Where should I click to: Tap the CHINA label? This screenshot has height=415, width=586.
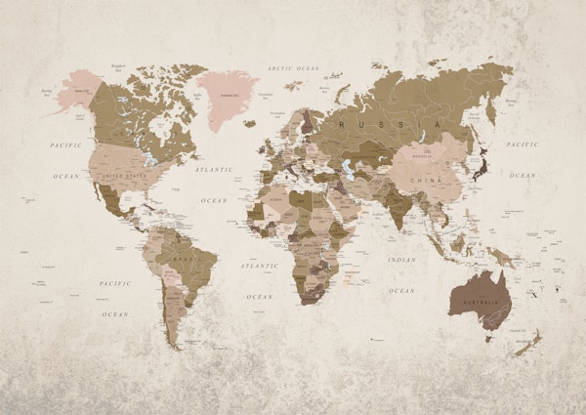click(x=426, y=180)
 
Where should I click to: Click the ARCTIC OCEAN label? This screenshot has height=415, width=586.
click(x=294, y=68)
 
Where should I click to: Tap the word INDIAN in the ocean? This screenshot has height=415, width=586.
click(x=401, y=260)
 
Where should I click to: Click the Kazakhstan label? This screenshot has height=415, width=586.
click(x=365, y=156)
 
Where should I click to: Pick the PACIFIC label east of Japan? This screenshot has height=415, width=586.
click(x=523, y=144)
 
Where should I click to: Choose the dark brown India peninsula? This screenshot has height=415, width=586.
click(x=398, y=206)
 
